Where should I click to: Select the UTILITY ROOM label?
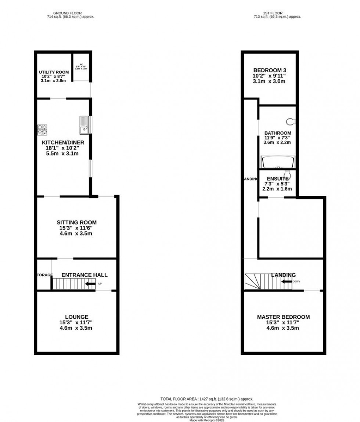(x=54, y=72)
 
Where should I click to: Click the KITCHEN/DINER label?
(x=63, y=143)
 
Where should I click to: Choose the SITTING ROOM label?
(x=76, y=223)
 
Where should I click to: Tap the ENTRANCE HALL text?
(x=84, y=275)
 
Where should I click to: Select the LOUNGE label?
(x=76, y=317)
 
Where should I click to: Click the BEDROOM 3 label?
(x=270, y=71)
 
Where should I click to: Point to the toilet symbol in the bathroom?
(x=291, y=121)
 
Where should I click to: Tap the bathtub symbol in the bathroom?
(x=277, y=162)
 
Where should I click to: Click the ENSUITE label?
(x=277, y=178)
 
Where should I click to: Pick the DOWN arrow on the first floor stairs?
(x=287, y=282)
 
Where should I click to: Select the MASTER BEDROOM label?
(x=283, y=317)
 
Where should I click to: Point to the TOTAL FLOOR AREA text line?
(x=207, y=399)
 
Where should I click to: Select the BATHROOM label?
(x=278, y=133)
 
